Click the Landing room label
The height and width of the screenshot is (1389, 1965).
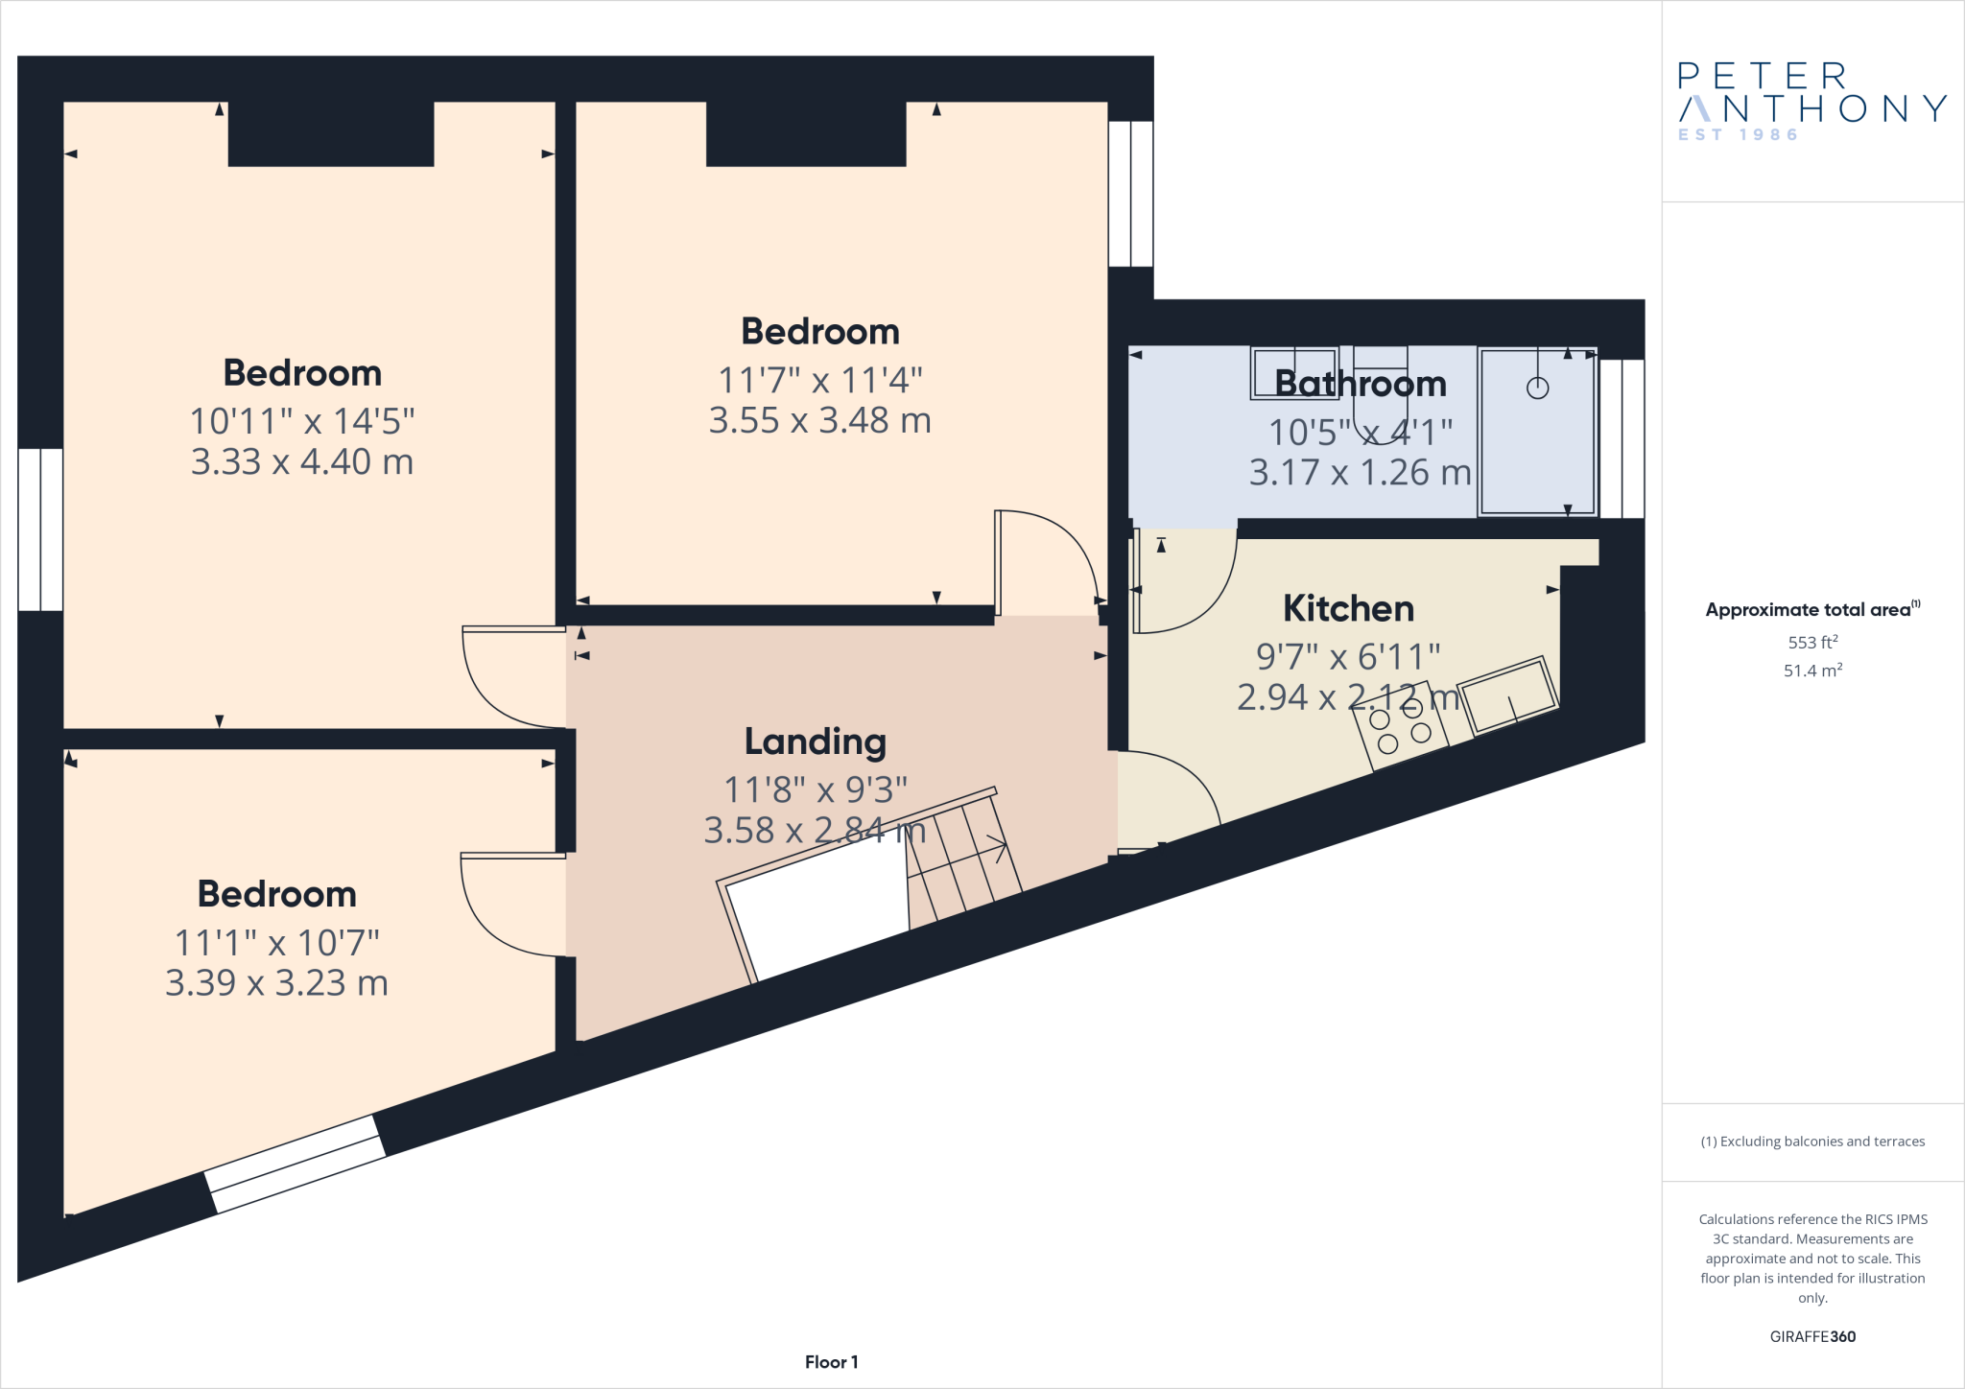tap(815, 742)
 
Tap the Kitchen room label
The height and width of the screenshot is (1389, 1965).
tap(1348, 608)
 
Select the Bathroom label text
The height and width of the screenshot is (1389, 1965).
tap(1360, 384)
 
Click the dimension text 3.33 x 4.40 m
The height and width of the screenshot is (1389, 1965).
tap(302, 462)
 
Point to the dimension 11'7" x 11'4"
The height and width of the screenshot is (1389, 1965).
tap(819, 381)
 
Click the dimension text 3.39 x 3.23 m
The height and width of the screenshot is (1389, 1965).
tap(276, 983)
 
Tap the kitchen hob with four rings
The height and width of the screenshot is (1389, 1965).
tap(1400, 727)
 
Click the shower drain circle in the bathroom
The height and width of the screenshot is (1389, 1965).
tap(1537, 388)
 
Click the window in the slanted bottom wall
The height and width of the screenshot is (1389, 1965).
tap(296, 1164)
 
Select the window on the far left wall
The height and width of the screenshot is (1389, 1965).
tap(40, 530)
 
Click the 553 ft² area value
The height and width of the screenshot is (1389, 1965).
tap(1811, 643)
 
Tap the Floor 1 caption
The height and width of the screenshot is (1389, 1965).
tap(831, 1362)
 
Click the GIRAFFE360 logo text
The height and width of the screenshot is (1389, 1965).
tap(1811, 1336)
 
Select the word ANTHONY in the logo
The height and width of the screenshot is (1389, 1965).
tap(1811, 108)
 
